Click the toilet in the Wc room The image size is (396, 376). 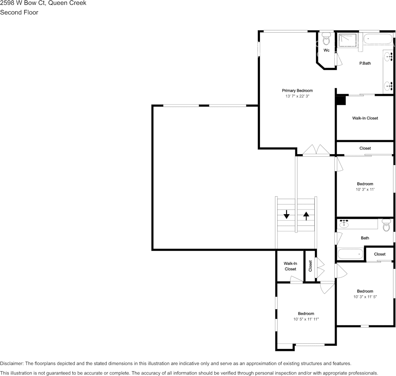coord(326,40)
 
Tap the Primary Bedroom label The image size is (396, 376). coord(297,91)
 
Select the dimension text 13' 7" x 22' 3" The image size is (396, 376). coord(297,96)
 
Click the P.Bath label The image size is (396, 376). coord(365,63)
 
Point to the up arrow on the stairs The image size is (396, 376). coord(306,216)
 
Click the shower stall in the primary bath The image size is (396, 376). coord(347,40)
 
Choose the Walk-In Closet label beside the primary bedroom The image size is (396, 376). coord(365,118)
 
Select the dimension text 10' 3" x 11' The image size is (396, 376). coord(365,190)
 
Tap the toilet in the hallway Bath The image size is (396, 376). coord(386,225)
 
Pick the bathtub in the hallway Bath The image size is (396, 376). coord(351,254)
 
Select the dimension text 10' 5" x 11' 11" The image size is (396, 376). coord(306,319)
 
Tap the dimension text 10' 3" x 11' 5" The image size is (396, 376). coord(365,297)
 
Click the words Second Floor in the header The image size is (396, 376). coord(19,12)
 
